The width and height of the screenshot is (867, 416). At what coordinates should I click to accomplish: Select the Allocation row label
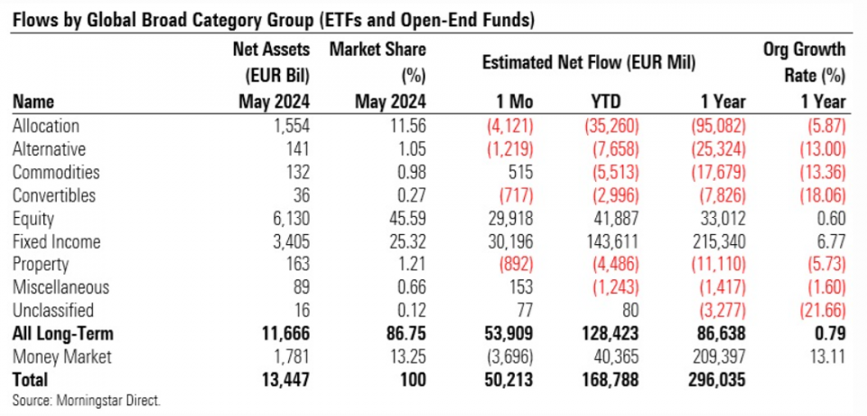47,127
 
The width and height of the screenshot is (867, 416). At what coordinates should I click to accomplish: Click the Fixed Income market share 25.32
404,241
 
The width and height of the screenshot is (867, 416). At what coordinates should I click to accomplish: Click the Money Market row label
62,356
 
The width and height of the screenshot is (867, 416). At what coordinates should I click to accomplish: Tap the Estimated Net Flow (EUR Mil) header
593,64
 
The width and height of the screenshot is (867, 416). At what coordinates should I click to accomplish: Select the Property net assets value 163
294,264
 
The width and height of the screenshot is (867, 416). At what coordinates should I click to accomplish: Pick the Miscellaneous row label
61,288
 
